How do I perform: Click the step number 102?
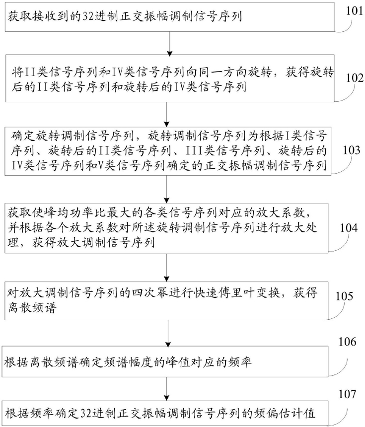[355, 78]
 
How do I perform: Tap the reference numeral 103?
[352, 150]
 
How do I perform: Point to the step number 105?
[344, 296]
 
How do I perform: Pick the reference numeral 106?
[347, 342]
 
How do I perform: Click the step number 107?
[347, 394]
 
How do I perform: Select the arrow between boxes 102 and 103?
[166, 114]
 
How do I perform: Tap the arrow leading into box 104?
[166, 189]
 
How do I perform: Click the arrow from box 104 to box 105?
[166, 268]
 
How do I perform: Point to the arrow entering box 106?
[168, 333]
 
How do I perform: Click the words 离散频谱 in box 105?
[32, 308]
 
